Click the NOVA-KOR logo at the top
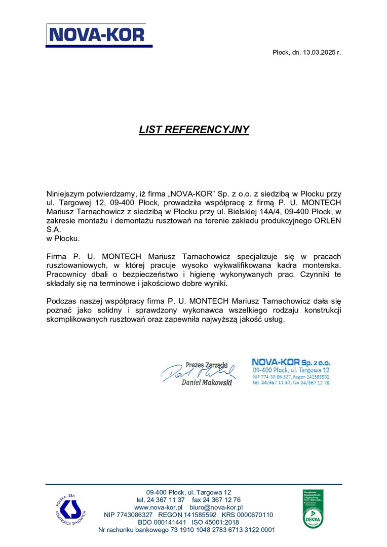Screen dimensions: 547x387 click(99, 34)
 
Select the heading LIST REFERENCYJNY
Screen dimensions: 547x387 click(194, 130)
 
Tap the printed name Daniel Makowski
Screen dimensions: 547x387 click(206, 383)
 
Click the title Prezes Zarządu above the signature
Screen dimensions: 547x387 click(207, 364)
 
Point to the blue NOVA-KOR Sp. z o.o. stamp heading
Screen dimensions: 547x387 click(291, 363)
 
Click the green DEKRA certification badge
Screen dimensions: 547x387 click(313, 509)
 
